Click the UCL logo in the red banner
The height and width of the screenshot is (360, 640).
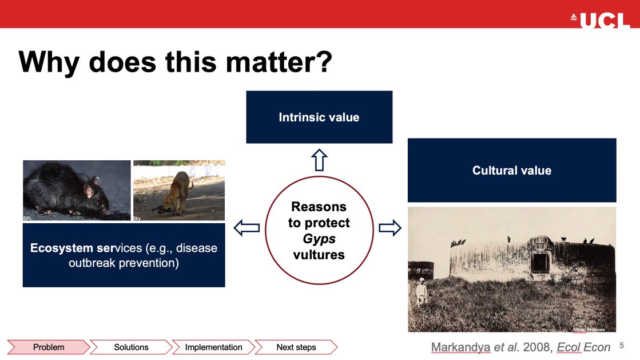tap(600, 19)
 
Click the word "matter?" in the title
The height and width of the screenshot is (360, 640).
tap(279, 62)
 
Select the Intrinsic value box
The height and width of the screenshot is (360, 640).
tap(319, 117)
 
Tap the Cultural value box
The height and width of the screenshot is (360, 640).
tap(512, 170)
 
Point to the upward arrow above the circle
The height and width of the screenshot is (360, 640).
tap(319, 160)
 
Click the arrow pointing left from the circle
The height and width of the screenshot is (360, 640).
tap(247, 228)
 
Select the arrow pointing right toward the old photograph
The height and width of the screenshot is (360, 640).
tap(390, 228)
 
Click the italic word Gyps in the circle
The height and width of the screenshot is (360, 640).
tap(319, 239)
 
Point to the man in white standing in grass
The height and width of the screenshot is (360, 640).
tap(421, 291)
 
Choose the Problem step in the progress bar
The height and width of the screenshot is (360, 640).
tap(49, 347)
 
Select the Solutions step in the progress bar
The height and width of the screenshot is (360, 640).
tap(131, 347)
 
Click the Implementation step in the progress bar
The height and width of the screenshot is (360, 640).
tap(213, 347)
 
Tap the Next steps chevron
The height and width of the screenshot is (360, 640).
tap(296, 347)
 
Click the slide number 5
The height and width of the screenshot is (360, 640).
tap(622, 345)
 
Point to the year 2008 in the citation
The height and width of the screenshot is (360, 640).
tap(536, 347)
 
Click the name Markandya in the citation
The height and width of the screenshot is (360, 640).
tap(460, 347)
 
